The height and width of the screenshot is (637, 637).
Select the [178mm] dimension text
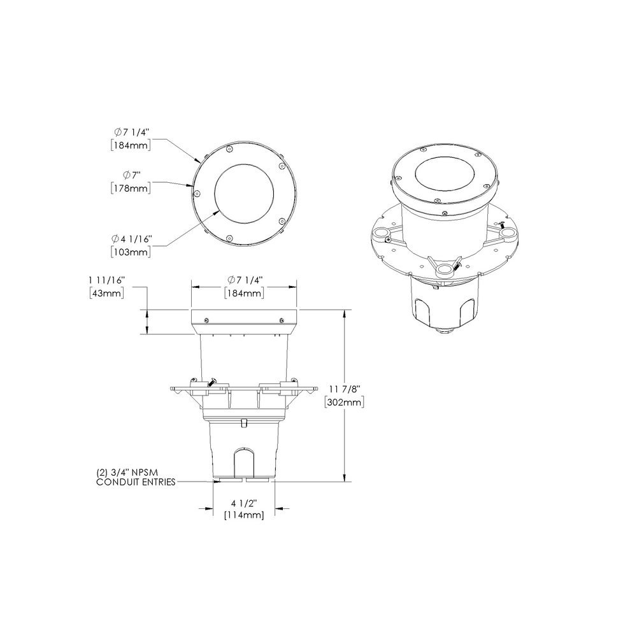coord(131,188)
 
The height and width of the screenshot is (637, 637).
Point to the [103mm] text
coord(131,252)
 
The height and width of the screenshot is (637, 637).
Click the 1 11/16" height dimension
coord(106,280)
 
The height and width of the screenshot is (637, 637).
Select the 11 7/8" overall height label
coord(344,389)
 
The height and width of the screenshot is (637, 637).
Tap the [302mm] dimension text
coord(344,403)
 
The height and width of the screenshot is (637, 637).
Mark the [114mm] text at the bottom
coord(244,515)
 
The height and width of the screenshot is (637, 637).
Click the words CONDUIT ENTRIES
coord(136,482)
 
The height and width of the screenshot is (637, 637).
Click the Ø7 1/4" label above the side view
coord(244,280)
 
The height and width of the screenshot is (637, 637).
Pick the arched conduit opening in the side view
coord(244,461)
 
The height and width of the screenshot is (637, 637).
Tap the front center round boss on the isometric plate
coord(443,271)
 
